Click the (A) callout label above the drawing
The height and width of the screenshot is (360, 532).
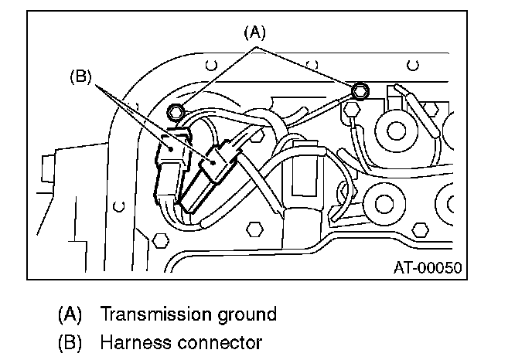(x=254, y=32)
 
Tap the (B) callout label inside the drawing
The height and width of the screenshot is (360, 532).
(x=80, y=77)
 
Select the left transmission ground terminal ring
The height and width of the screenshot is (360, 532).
(x=177, y=112)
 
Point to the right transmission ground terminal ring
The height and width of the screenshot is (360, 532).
(x=359, y=92)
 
